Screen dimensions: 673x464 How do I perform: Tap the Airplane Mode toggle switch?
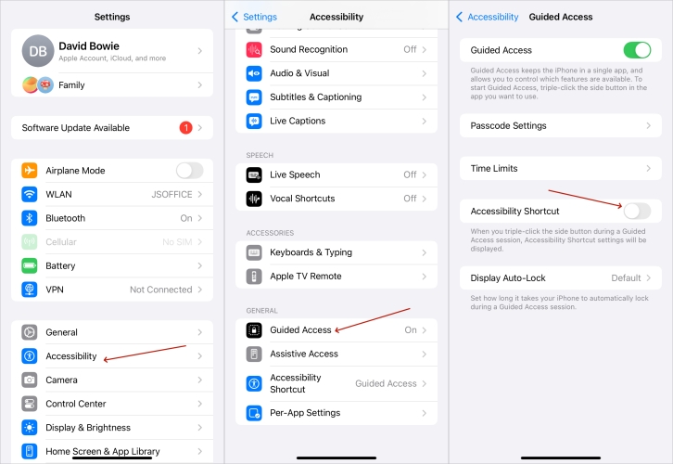pyautogui.click(x=190, y=171)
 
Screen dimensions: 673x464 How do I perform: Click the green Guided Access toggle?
pyautogui.click(x=637, y=50)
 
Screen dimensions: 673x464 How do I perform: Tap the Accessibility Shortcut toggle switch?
pyautogui.click(x=637, y=211)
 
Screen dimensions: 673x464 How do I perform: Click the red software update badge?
pyautogui.click(x=185, y=128)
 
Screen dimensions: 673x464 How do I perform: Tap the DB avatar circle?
pyautogui.click(x=38, y=51)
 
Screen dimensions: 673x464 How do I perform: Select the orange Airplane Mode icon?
pyautogui.click(x=29, y=171)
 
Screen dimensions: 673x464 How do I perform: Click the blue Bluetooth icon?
pyautogui.click(x=29, y=218)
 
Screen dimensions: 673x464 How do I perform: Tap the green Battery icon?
pyautogui.click(x=29, y=266)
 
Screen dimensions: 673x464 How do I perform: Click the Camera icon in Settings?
pyautogui.click(x=29, y=380)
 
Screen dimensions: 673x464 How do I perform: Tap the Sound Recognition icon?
pyautogui.click(x=254, y=49)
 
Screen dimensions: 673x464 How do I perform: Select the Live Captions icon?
pyautogui.click(x=254, y=121)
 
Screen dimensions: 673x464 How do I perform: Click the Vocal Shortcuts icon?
pyautogui.click(x=254, y=199)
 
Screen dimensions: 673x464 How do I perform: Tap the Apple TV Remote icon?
pyautogui.click(x=254, y=277)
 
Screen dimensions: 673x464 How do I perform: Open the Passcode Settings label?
pyautogui.click(x=508, y=126)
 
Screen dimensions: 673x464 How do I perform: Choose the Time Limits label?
pyautogui.click(x=494, y=168)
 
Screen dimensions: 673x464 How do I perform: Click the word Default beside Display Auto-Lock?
pyautogui.click(x=626, y=278)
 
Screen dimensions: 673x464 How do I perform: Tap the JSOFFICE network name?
pyautogui.click(x=171, y=195)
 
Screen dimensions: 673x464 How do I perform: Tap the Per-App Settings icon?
pyautogui.click(x=254, y=413)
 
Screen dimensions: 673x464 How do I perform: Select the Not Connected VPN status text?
pyautogui.click(x=161, y=290)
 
